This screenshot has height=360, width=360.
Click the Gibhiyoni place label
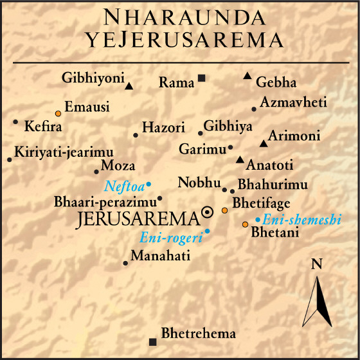(x=93, y=78)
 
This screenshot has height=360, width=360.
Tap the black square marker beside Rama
(x=202, y=78)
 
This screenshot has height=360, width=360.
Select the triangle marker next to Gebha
(x=247, y=76)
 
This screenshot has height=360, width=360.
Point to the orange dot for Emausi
(x=58, y=113)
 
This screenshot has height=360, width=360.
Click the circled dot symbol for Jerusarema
(x=207, y=212)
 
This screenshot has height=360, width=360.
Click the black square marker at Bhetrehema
(x=152, y=341)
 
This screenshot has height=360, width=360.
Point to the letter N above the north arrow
(x=316, y=264)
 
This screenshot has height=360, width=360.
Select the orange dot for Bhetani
(x=245, y=224)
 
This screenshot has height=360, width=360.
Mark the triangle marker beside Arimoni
(x=262, y=143)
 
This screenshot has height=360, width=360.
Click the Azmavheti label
(x=293, y=103)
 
